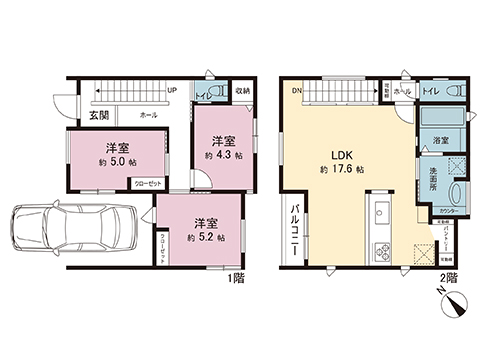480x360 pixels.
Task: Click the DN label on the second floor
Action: tap(297, 90)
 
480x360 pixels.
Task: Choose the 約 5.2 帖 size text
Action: tap(205, 237)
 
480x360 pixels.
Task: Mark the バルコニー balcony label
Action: tap(297, 231)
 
